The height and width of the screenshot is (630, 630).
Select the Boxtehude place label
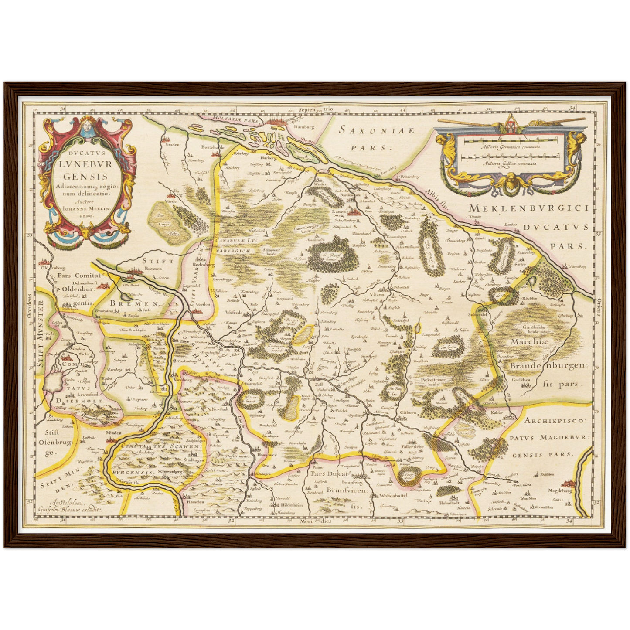(213, 147)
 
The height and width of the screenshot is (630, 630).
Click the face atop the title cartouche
(85, 126)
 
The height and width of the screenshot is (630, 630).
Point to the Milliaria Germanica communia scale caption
(511, 147)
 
